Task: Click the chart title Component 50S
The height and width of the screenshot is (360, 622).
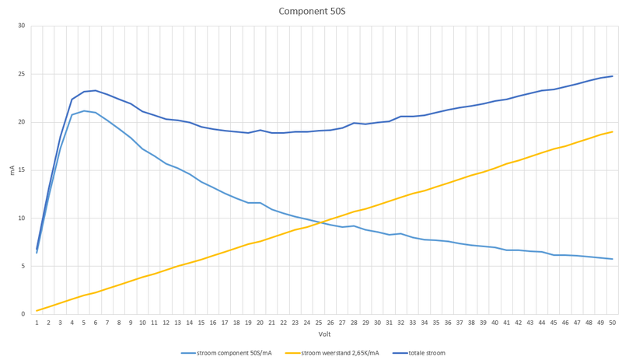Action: pyautogui.click(x=311, y=12)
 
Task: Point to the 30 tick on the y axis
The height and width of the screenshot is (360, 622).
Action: pyautogui.click(x=21, y=26)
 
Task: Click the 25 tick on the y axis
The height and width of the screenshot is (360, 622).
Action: pyautogui.click(x=21, y=75)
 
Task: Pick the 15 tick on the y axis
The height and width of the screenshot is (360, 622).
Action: pyautogui.click(x=21, y=170)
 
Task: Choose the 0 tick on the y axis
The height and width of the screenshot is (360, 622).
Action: pyautogui.click(x=23, y=314)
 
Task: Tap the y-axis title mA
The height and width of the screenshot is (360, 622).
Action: pyautogui.click(x=11, y=170)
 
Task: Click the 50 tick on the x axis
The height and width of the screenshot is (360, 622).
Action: pyautogui.click(x=612, y=323)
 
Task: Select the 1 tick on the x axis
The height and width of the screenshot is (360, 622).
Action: pyautogui.click(x=37, y=323)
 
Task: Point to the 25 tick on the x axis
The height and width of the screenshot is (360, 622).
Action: pyautogui.click(x=318, y=323)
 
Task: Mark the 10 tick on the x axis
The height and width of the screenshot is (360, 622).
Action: pyautogui.click(x=142, y=323)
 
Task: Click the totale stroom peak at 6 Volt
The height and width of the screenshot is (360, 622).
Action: pyautogui.click(x=96, y=90)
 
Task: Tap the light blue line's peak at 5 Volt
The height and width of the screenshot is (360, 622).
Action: pyautogui.click(x=84, y=110)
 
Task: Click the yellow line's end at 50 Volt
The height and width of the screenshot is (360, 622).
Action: pyautogui.click(x=612, y=131)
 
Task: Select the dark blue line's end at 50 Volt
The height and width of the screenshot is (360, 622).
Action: pyautogui.click(x=612, y=76)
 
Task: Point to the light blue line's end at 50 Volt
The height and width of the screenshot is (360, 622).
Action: pyautogui.click(x=612, y=259)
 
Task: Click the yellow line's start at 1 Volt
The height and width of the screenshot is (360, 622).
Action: pyautogui.click(x=37, y=311)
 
